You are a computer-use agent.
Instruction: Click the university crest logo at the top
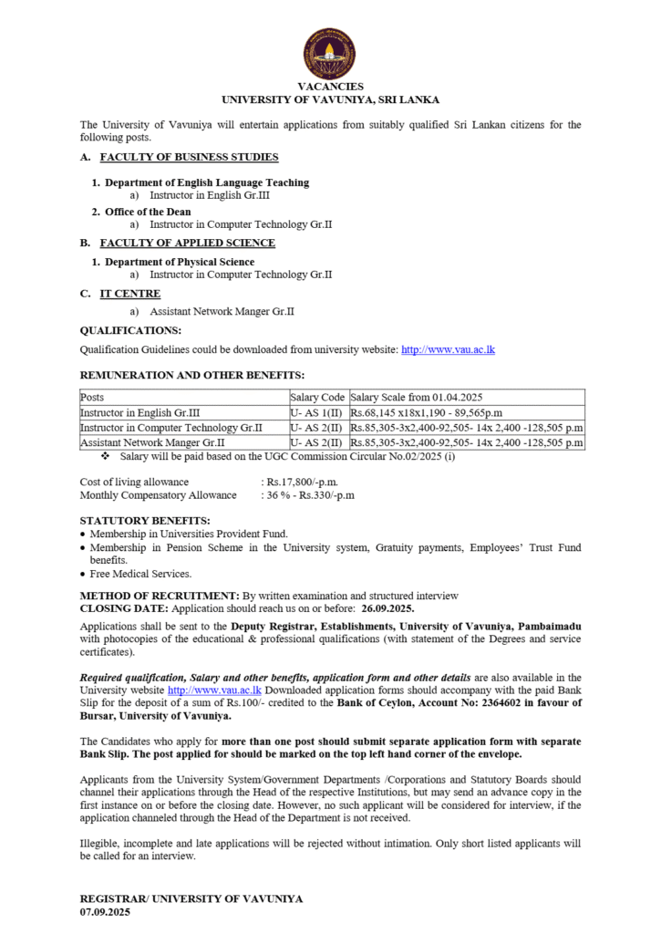tap(329, 53)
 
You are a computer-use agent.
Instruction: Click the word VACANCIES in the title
tap(330, 87)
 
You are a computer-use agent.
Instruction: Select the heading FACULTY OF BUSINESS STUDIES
tap(189, 157)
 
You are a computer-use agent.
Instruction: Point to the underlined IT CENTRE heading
tap(130, 293)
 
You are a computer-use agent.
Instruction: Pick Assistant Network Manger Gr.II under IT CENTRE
tap(222, 311)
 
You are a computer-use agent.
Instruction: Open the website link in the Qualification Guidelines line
tap(448, 349)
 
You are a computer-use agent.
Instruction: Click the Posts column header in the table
tap(92, 398)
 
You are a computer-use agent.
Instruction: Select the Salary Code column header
tap(317, 398)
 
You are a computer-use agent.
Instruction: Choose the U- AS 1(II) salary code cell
tap(316, 412)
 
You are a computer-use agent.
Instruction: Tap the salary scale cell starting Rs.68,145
tap(415, 412)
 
